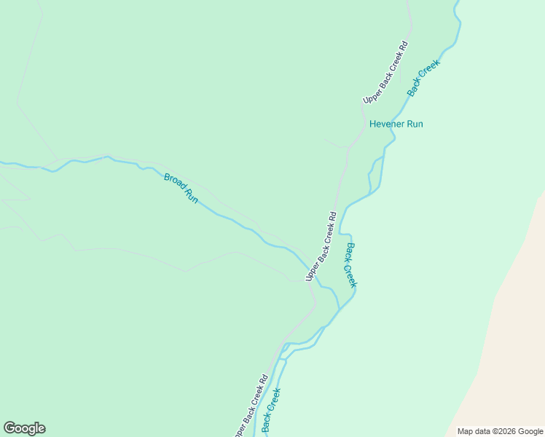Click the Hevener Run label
[x=396, y=124]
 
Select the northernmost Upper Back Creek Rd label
[x=385, y=72]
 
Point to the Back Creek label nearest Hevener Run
[x=423, y=78]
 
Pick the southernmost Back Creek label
[x=271, y=410]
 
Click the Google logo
[x=24, y=428]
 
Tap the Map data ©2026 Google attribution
[x=501, y=431]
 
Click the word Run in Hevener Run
[x=415, y=124]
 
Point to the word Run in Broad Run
[x=191, y=195]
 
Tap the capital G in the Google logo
[x=9, y=428]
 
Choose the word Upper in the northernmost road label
[x=372, y=93]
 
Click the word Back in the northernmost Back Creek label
[x=415, y=88]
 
